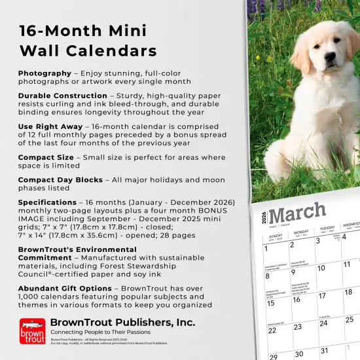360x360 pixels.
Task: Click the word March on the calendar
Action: (297, 213)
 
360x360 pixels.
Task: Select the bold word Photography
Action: (45, 73)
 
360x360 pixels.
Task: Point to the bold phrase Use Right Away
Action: (50, 126)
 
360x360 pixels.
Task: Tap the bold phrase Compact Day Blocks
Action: (60, 180)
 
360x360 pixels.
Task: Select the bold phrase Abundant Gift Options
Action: (65, 287)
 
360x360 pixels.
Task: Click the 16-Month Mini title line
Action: (82, 31)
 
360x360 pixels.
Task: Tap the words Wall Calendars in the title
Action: (88, 51)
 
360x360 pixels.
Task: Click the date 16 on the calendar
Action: (297, 299)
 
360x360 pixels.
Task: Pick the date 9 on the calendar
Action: (293, 272)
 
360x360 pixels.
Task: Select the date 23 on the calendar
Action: (298, 327)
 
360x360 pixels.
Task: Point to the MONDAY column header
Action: (301, 232)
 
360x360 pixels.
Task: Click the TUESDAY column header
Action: (327, 229)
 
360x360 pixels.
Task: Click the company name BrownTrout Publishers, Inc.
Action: (122, 322)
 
